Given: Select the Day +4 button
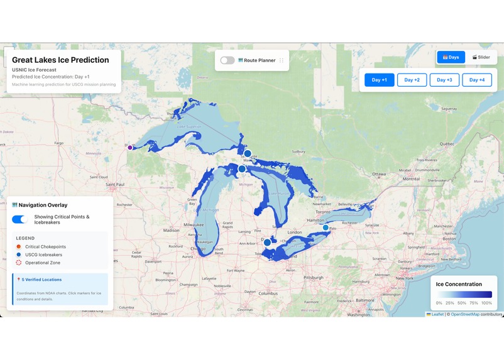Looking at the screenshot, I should [x=477, y=80].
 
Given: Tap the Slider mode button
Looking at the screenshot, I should [x=481, y=57].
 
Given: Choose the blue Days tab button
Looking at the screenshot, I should [x=451, y=57].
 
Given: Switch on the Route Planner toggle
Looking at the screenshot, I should [x=227, y=60].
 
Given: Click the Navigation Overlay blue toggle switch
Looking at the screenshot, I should [x=19, y=219].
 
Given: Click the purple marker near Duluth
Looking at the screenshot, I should [x=130, y=147].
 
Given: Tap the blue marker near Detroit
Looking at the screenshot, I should [x=267, y=243].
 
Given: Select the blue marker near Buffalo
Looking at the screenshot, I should [x=326, y=227].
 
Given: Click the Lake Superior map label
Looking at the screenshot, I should [x=190, y=127].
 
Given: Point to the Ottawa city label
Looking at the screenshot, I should [x=379, y=174].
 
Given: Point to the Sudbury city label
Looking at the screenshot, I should [x=298, y=151].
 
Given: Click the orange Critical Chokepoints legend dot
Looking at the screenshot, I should [x=18, y=246].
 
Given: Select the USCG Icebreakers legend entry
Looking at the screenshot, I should [x=43, y=254].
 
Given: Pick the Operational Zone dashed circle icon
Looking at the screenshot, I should [x=18, y=263].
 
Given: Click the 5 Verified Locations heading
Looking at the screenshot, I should [x=41, y=280].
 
